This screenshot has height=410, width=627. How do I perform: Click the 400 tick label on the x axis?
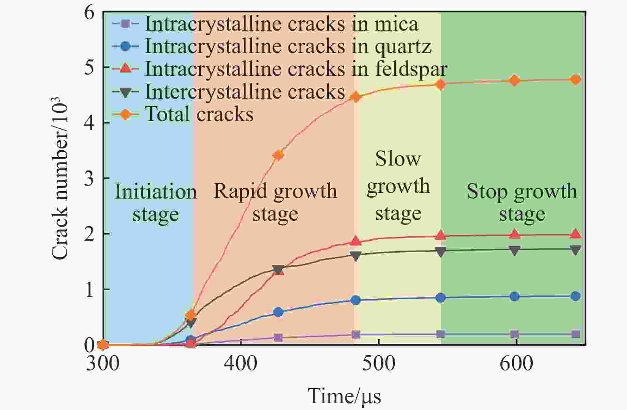pos(241,364)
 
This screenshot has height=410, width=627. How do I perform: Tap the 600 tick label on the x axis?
pos(516,364)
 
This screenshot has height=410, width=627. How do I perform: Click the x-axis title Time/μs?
pos(344,396)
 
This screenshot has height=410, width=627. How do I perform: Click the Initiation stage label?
pos(155,203)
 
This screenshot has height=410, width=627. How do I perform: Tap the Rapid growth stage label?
pos(275,203)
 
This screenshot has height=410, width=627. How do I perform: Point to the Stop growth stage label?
pos(522,203)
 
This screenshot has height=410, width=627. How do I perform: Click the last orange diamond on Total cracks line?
pos(575,80)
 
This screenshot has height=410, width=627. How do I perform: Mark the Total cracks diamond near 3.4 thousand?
pos(278,155)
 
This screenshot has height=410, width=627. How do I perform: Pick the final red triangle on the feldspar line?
pos(575,234)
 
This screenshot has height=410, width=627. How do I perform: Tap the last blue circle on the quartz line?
pos(575,296)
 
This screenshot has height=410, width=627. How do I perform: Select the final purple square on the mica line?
pos(575,334)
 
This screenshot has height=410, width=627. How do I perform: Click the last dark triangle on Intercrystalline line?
pos(575,250)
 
